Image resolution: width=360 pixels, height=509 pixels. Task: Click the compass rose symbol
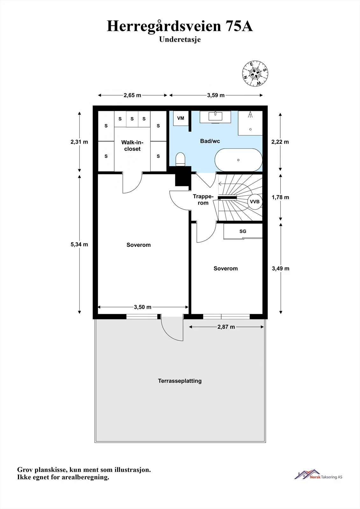255,73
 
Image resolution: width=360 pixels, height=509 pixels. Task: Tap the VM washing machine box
181,118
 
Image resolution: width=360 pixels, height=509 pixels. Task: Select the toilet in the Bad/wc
180,159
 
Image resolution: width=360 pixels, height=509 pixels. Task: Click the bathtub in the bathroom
238,160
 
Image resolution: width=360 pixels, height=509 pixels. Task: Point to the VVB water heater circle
255,202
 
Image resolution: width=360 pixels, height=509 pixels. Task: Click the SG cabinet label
243,231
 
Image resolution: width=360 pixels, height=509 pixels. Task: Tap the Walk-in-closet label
132,146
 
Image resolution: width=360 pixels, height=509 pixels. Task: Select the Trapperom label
203,199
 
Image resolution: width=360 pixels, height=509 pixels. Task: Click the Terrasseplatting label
180,381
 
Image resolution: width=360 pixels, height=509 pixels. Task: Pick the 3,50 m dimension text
143,307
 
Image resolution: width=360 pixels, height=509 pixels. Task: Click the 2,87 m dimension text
226,327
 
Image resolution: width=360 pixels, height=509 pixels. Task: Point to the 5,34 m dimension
79,244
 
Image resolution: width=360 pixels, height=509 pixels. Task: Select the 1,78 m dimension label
280,197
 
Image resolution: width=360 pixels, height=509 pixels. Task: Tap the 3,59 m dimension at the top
216,95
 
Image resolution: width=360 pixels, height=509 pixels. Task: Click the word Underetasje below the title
180,39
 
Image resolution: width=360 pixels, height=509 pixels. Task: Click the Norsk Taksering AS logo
318,475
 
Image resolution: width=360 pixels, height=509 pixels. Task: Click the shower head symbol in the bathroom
251,114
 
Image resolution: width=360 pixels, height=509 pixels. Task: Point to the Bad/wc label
210,141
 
